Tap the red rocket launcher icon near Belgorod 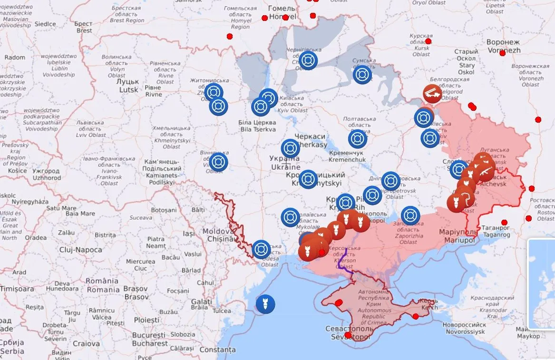pyautogui.click(x=432, y=94)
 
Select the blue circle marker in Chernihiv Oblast pyautogui.click(x=308, y=60)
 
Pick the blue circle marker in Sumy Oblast pyautogui.click(x=362, y=75)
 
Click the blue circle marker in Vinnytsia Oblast pyautogui.click(x=218, y=162)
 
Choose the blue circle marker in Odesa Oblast pyautogui.click(x=261, y=249)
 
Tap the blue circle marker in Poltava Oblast pyautogui.click(x=358, y=139)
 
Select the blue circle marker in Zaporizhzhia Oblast pyautogui.click(x=410, y=215)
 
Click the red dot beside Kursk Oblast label pyautogui.click(x=428, y=41)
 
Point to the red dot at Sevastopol pyautogui.click(x=348, y=335)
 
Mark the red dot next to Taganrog pyautogui.click(x=504, y=223)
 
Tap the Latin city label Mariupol pyautogui.click(x=459, y=241)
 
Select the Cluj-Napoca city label pyautogui.click(x=80, y=250)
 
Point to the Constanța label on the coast pyautogui.click(x=217, y=350)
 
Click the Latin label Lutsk pyautogui.click(x=129, y=89)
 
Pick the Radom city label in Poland pyautogui.click(x=15, y=57)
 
